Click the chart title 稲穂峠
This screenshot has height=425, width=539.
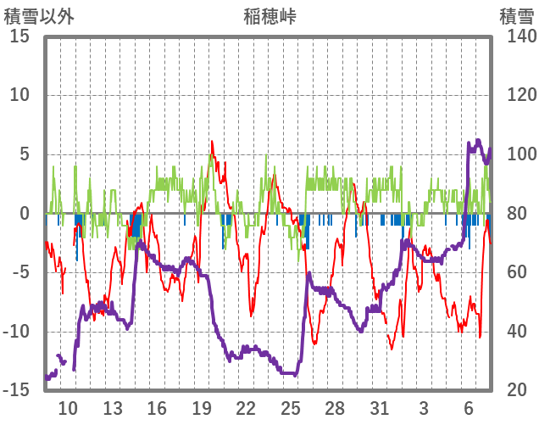click(269, 16)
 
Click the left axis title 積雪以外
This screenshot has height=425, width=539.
click(38, 16)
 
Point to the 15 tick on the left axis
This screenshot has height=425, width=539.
click(19, 36)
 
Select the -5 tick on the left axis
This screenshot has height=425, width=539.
click(19, 272)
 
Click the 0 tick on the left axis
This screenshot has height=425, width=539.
click(25, 214)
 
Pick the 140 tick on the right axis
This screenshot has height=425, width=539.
click(516, 36)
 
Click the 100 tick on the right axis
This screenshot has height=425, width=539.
click(516, 154)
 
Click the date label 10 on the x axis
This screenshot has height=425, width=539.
click(68, 408)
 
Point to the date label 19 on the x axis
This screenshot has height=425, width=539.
click(202, 408)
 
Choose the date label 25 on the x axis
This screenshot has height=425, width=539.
click(291, 408)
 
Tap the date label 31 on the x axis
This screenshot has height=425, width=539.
click(380, 408)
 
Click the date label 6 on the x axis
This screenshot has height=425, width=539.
click(469, 408)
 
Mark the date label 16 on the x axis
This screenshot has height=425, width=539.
click(157, 408)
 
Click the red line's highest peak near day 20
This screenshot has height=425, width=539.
click(212, 142)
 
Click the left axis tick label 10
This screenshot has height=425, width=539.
click(19, 95)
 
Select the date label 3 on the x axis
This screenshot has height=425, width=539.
click(424, 408)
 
